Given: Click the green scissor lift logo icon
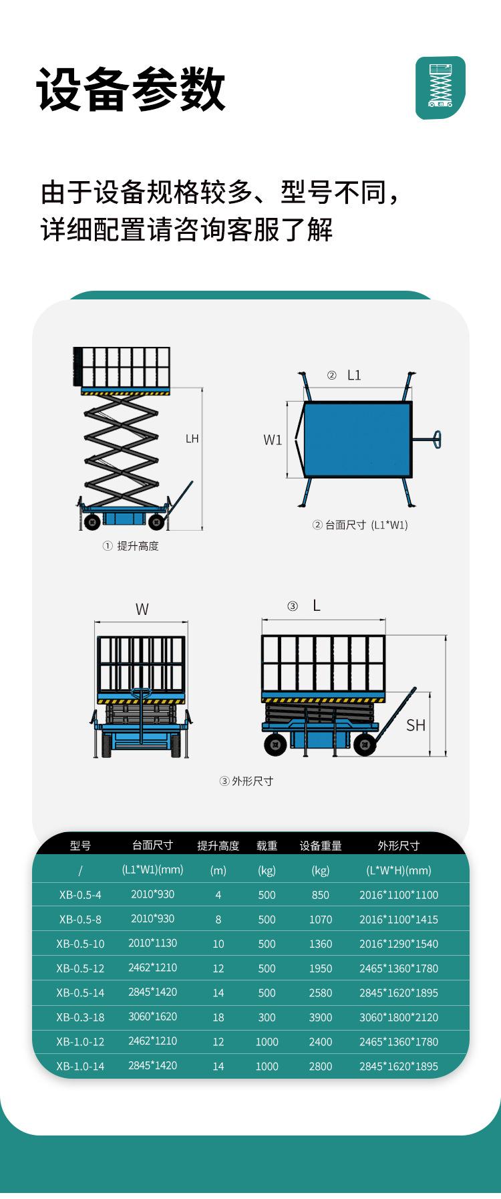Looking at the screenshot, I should (440, 88).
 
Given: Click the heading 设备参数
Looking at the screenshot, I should (132, 89).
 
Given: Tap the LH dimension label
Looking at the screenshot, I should (192, 439).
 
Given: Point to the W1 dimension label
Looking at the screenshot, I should (273, 440).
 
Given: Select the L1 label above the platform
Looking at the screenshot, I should (353, 376).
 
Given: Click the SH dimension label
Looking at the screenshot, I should (415, 725).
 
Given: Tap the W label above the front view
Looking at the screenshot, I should (142, 610).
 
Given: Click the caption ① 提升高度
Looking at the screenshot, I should (131, 546).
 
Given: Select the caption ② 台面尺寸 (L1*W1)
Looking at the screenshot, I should (360, 525).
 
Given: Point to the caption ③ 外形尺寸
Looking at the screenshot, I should (246, 781).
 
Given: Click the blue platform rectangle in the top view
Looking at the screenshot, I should (357, 439).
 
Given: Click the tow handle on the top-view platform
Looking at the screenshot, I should (430, 439).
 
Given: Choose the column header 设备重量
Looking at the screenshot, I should (321, 845).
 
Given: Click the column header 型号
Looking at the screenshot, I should (80, 845).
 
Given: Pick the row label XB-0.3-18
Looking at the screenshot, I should (80, 1017).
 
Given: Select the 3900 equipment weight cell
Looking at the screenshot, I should (321, 1017).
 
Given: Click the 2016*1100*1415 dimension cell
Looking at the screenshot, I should (399, 919).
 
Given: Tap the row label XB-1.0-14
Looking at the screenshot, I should (80, 1066).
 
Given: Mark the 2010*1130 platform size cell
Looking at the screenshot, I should (152, 943).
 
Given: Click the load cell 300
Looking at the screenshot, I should (267, 1017).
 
